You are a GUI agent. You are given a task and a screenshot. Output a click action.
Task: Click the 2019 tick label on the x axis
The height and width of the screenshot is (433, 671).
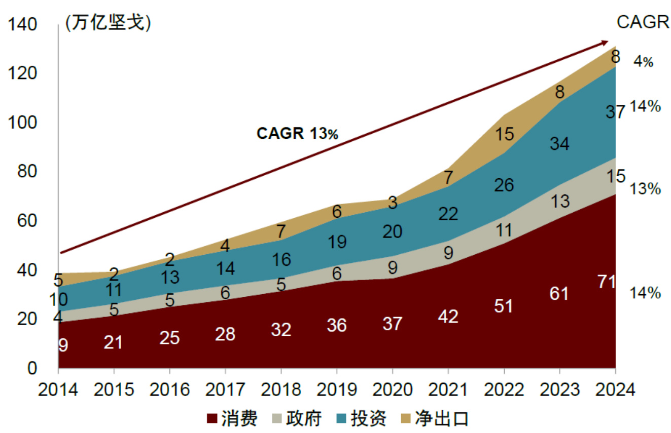337,390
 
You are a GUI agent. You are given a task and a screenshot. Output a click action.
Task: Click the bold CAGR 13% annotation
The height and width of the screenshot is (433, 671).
297,134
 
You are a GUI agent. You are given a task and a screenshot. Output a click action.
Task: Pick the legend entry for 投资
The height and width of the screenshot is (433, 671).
362,418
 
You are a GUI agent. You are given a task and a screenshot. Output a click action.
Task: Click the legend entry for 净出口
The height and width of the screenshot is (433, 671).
434,418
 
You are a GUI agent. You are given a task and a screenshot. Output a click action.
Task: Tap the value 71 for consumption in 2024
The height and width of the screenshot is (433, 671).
606,282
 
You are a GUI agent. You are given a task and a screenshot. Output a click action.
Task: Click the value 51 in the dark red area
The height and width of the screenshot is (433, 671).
504,306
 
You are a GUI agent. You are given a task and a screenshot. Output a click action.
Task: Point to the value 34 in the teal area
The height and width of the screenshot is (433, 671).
559,144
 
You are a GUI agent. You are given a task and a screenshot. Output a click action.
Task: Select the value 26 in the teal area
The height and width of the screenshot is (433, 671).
504,185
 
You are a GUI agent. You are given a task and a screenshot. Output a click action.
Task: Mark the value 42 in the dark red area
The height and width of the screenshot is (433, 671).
448,317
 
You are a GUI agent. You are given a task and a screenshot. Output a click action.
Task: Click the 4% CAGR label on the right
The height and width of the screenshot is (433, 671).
643,62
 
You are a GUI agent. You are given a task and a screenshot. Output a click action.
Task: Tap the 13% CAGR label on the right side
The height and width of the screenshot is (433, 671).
645,189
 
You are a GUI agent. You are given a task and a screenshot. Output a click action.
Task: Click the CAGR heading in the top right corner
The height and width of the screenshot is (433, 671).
643,23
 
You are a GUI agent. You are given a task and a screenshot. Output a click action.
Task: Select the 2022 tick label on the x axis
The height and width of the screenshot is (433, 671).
504,390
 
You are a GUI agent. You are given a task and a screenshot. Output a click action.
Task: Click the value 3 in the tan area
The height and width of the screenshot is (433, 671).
393,203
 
